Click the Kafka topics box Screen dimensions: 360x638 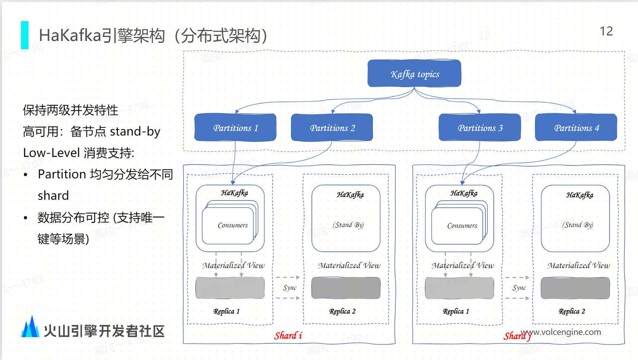pyautogui.click(x=414, y=73)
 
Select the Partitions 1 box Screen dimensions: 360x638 pyautogui.click(x=235, y=127)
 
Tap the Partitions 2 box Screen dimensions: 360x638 pyautogui.click(x=332, y=127)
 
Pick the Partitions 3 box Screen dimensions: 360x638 pyautogui.click(x=480, y=127)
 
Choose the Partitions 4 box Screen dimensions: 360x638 pyautogui.click(x=576, y=127)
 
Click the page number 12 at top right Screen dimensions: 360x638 pyautogui.click(x=606, y=31)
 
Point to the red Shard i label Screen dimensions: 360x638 pyautogui.click(x=288, y=336)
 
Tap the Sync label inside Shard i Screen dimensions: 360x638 pyautogui.click(x=290, y=288)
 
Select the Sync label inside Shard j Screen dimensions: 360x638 pyautogui.click(x=519, y=288)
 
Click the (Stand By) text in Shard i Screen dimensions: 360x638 pyautogui.click(x=348, y=225)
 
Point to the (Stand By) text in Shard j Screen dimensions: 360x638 pyautogui.click(x=577, y=225)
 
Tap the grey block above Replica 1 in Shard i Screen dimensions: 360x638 pyautogui.click(x=230, y=288)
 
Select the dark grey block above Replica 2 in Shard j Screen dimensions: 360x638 pyautogui.click(x=575, y=288)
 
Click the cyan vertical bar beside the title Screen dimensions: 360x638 pyautogui.click(x=25, y=35)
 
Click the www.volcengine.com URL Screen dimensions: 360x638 pyautogui.click(x=561, y=332)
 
